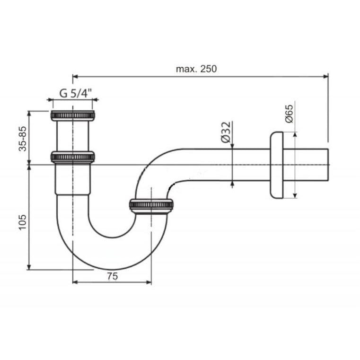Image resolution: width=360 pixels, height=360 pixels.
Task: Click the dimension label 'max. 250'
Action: click(x=196, y=69)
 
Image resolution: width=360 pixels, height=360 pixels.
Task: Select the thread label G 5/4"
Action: click(x=75, y=93)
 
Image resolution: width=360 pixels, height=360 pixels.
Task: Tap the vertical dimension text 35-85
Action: click(x=23, y=139)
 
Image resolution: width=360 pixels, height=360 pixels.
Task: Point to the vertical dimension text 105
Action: click(x=23, y=222)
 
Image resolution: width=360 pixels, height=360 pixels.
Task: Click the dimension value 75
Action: click(x=112, y=276)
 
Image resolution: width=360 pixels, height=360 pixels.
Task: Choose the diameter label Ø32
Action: click(x=226, y=132)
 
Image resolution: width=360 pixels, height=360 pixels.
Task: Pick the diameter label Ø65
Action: click(x=289, y=114)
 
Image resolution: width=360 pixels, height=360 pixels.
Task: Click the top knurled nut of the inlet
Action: click(x=72, y=115)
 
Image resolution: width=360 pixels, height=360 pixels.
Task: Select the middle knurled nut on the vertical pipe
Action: click(x=72, y=157)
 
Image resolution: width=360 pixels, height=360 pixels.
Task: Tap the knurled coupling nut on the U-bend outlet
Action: click(x=151, y=204)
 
